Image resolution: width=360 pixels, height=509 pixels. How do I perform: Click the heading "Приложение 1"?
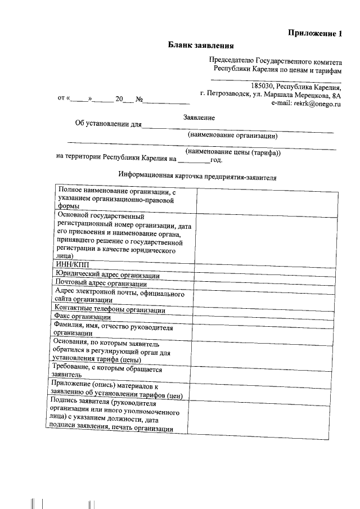tap(315, 33)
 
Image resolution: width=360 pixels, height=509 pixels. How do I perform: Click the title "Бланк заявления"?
tap(201, 45)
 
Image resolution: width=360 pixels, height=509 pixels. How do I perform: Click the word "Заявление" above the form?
tap(199, 118)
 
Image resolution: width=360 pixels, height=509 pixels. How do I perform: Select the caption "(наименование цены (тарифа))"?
tap(233, 152)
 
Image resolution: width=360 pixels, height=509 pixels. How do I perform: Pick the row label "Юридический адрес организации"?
tap(106, 275)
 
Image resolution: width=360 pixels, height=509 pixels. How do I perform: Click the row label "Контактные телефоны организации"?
tap(109, 309)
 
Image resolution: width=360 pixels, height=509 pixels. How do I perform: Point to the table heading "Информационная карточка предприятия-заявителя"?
tap(199, 176)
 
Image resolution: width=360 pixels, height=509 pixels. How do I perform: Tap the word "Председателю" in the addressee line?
tap(231, 60)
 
